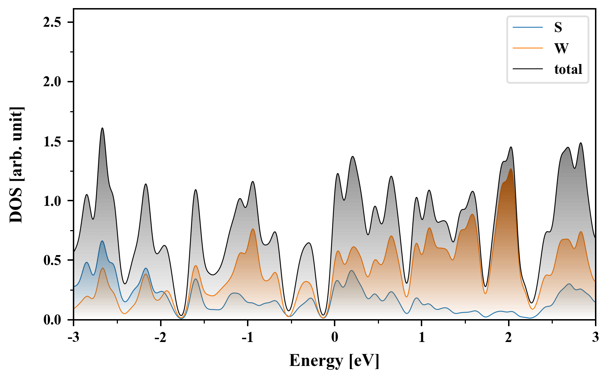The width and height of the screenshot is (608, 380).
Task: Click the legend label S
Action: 558,27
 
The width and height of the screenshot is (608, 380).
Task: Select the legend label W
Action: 561,48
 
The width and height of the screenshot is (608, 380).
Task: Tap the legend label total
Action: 568,69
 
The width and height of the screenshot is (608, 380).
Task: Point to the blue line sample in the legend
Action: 528,27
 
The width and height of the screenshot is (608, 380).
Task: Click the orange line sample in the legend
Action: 528,48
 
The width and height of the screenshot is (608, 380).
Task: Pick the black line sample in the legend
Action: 528,69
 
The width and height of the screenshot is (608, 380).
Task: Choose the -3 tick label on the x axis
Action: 73,337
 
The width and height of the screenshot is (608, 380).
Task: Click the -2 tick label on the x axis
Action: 160,337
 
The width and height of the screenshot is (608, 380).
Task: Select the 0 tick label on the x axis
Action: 335,337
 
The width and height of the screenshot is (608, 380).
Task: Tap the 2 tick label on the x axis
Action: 508,337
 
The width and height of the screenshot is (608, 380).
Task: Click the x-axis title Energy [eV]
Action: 334,361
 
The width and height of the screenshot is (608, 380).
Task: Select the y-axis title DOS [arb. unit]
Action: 16,165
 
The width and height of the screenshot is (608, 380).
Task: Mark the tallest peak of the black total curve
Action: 102,128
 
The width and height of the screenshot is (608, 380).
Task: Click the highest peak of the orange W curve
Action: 511,169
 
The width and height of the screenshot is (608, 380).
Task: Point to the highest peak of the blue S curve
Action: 102,241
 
